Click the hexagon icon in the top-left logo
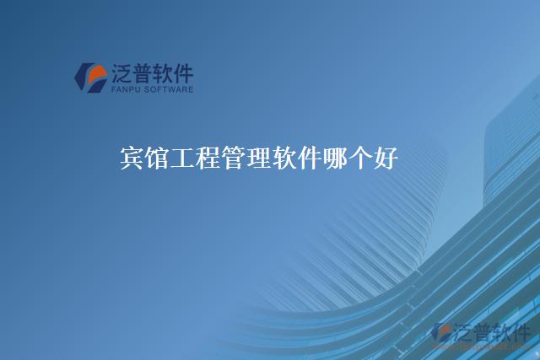(x=90, y=76)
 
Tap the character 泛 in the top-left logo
(x=122, y=73)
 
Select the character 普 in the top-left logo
(x=143, y=73)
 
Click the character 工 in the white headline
(x=183, y=158)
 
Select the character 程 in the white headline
(x=208, y=158)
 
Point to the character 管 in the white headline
(x=233, y=158)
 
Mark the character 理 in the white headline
(x=257, y=158)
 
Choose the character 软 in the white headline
(x=283, y=158)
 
